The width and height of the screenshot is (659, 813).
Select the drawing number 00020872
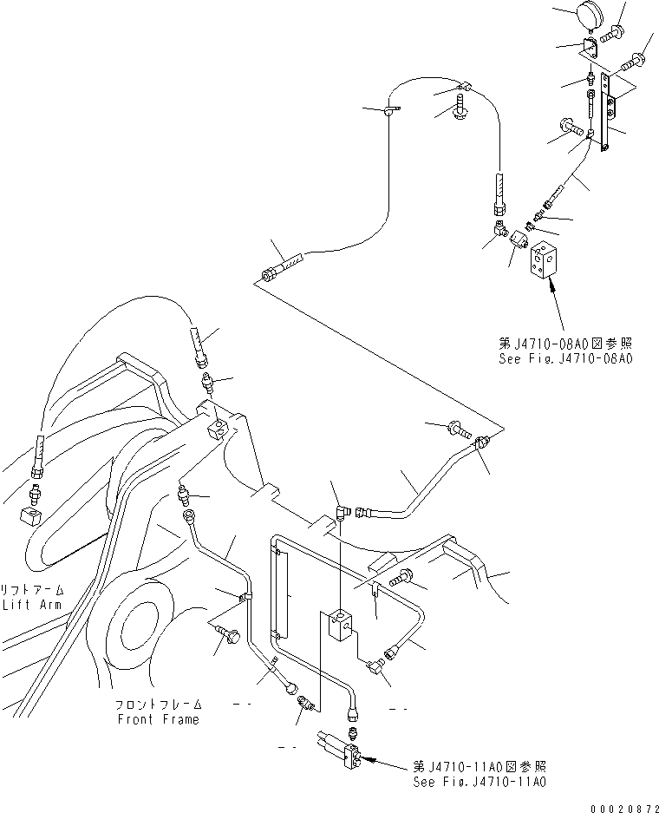[620, 807]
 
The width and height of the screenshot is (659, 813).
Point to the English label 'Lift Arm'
[33, 604]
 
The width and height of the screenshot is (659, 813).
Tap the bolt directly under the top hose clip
[460, 109]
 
